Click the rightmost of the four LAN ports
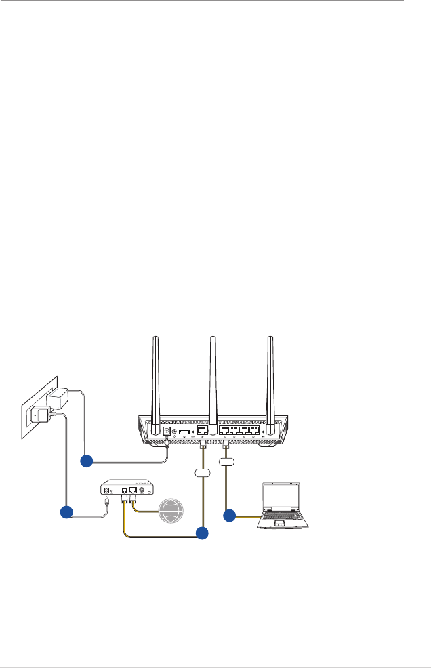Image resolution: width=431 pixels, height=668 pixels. coord(254,430)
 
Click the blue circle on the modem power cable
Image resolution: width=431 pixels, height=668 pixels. coord(66,512)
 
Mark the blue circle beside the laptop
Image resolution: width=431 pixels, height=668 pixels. coord(229,516)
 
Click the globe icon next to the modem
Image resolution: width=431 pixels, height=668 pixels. coord(167,509)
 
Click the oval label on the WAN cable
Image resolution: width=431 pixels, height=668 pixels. coord(203,472)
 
